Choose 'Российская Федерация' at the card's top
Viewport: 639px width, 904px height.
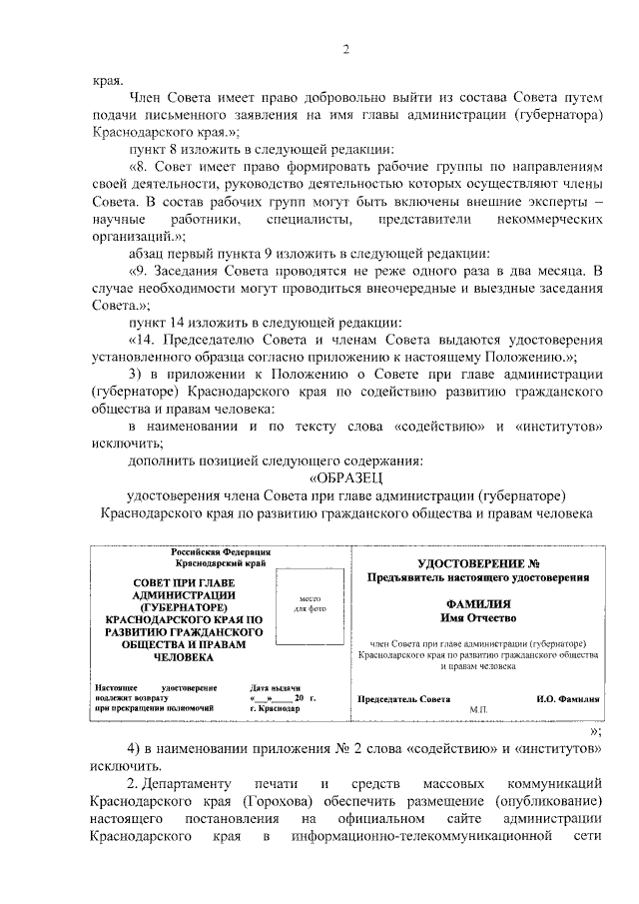tap(219, 551)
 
